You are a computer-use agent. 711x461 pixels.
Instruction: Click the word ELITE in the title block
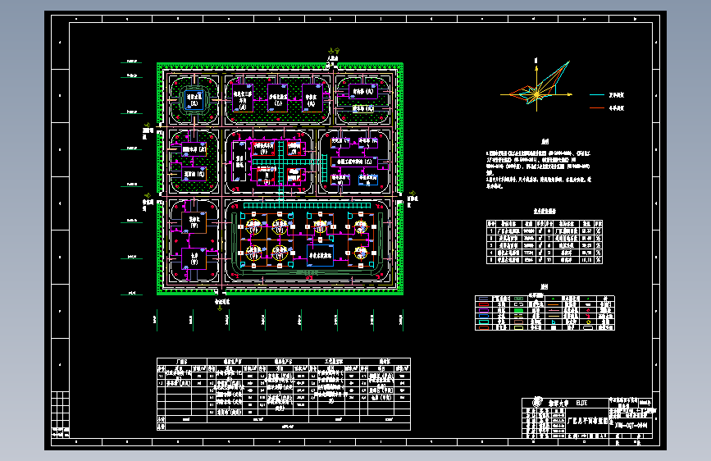pos(581,403)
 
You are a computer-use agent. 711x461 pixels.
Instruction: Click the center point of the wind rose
pos(536,96)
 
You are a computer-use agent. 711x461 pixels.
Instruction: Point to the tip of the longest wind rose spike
pos(569,62)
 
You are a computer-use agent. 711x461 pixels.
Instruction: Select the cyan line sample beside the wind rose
pos(596,95)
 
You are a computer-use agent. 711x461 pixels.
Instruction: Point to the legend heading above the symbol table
pos(543,288)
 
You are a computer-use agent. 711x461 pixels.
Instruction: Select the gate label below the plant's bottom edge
pos(222,301)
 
